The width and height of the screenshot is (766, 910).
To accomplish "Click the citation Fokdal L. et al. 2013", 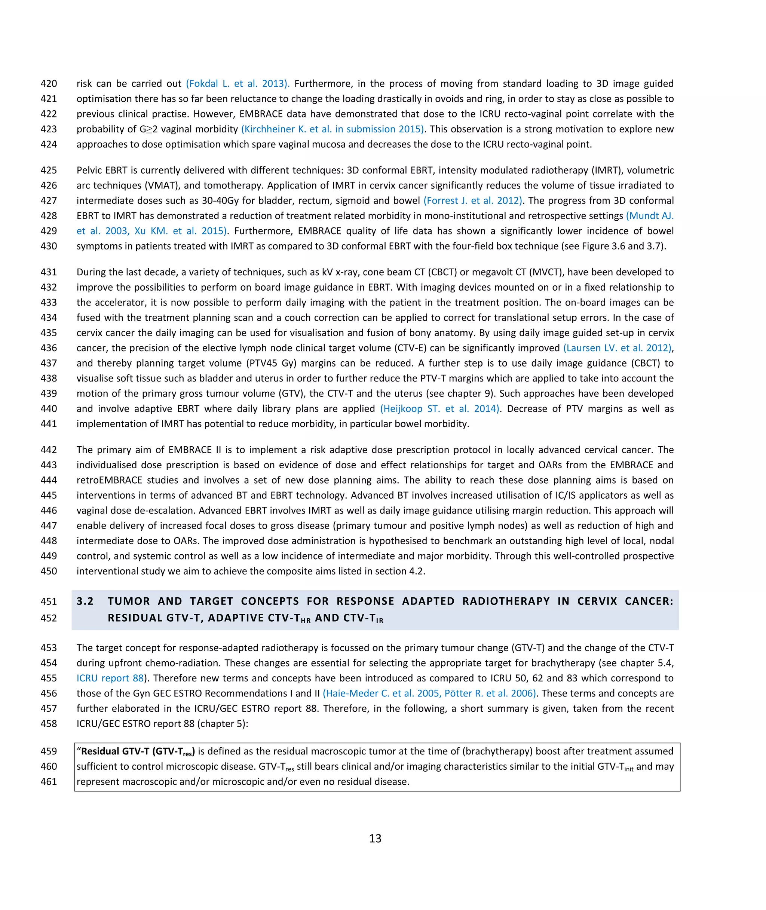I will coord(238,83).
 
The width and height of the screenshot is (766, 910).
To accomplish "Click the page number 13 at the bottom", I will coord(375,838).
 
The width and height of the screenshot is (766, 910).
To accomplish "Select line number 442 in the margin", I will coord(49,450).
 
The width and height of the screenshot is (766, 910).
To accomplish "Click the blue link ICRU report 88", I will coord(110,678).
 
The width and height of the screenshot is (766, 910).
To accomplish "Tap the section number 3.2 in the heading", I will coord(85,601).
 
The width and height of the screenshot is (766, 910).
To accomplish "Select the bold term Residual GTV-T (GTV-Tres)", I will coord(138,751).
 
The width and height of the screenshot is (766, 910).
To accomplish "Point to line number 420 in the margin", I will coord(49,83).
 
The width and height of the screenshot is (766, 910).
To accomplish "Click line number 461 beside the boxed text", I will coord(49,781).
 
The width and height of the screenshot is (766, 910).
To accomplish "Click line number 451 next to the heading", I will coord(49,601).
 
